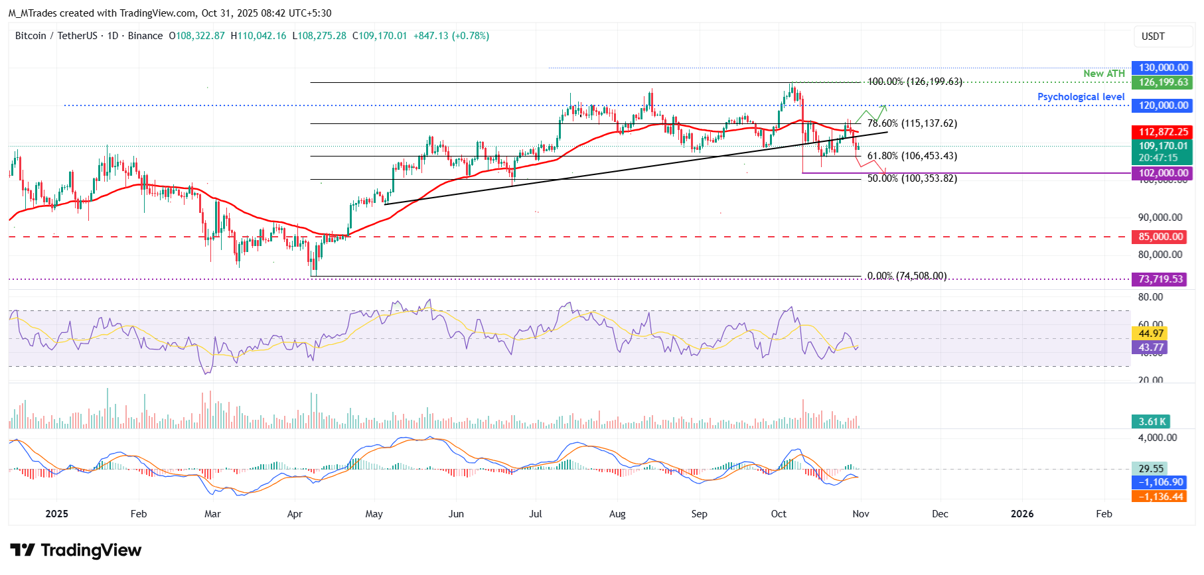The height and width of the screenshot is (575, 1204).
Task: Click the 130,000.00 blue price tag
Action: [1163, 68]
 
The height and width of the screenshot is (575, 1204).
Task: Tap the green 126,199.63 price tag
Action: [1163, 82]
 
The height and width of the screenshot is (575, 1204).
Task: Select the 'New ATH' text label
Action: [1104, 74]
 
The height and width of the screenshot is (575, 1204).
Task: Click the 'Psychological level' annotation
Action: [1081, 97]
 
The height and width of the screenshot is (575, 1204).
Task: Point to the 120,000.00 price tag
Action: [1163, 105]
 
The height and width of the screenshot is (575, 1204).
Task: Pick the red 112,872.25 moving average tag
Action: [1163, 132]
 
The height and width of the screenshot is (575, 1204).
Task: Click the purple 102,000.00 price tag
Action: [1163, 173]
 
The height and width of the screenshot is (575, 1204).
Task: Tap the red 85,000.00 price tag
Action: [1160, 237]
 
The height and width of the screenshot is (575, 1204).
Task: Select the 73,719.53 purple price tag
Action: [1160, 279]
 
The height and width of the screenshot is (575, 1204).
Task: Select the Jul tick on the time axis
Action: [536, 514]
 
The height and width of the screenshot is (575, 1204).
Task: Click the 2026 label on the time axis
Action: [1021, 514]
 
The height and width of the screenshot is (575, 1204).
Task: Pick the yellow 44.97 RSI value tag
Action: [1150, 334]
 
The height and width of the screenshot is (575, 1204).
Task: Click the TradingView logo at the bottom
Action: [76, 550]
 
